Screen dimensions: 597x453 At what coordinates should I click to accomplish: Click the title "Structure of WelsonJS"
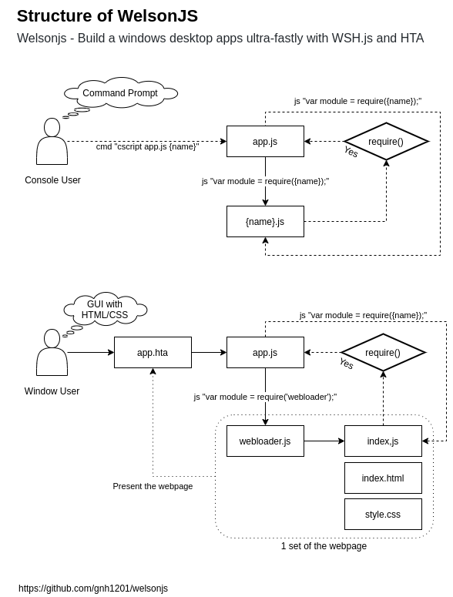107,16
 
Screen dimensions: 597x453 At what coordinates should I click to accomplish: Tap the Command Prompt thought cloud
120,93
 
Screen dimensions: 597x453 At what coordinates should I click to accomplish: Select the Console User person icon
52,142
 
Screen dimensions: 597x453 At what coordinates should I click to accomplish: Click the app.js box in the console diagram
265,142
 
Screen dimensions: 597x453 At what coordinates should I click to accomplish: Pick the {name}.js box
265,222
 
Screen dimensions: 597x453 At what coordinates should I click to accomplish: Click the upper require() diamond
386,142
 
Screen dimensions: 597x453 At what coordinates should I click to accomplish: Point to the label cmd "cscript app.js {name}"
147,146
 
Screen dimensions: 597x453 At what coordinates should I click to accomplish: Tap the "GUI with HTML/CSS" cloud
105,310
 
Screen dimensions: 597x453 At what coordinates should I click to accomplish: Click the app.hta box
153,353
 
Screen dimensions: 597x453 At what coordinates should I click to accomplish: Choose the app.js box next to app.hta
265,353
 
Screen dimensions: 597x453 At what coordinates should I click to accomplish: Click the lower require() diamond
383,353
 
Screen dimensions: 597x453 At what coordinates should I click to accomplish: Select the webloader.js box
265,441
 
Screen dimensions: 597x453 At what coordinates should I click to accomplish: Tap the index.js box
383,441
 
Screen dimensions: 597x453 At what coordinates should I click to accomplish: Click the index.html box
383,478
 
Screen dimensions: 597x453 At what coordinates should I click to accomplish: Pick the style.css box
383,515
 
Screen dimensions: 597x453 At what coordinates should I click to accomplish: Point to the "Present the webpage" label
153,486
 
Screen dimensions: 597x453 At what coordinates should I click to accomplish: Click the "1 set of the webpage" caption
324,546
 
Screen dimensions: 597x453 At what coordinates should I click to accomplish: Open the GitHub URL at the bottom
93,589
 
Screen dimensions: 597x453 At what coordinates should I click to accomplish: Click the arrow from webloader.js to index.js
324,441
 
